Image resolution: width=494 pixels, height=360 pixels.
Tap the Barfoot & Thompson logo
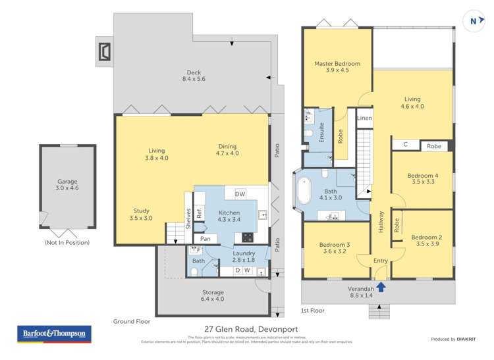(x=53, y=334)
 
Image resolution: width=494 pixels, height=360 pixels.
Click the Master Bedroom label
(x=337, y=67)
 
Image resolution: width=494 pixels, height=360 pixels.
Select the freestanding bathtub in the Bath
(x=305, y=190)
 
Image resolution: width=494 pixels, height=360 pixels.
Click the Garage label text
(x=67, y=184)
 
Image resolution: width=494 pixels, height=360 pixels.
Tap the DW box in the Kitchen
(x=240, y=193)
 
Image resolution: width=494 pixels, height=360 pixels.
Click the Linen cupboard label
(x=364, y=118)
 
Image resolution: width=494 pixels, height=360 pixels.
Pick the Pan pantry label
(x=205, y=238)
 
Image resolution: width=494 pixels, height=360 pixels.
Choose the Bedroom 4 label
(x=422, y=179)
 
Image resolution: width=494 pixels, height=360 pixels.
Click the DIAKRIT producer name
(x=465, y=339)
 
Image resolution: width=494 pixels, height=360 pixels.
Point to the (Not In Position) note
(x=67, y=242)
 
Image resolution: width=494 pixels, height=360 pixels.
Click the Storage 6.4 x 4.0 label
(x=213, y=296)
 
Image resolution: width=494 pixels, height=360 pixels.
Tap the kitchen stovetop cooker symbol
(x=248, y=237)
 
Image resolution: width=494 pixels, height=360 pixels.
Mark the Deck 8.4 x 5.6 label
(x=194, y=76)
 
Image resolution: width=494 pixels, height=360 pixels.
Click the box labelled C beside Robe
(x=404, y=145)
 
